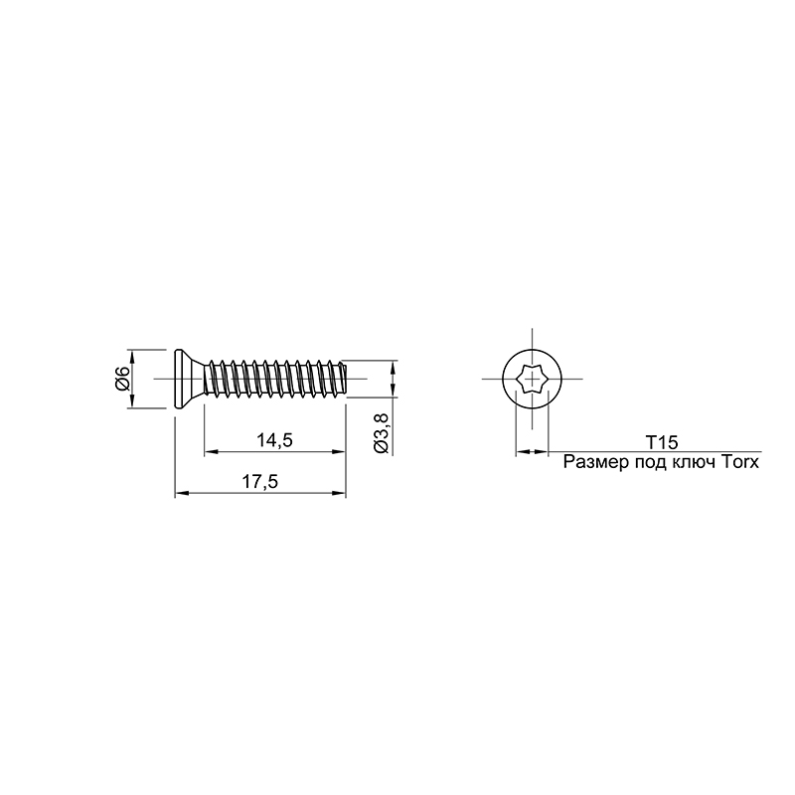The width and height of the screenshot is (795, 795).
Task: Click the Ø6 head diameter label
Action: [x=122, y=379]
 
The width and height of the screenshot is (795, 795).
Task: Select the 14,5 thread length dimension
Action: [x=274, y=440]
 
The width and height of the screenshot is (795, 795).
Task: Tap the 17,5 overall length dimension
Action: [x=259, y=482]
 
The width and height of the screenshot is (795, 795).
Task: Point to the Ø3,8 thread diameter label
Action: [x=381, y=433]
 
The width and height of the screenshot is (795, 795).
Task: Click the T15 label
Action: [x=661, y=442]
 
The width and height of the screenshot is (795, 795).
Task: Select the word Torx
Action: [x=738, y=462]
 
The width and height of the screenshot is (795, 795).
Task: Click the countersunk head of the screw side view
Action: [x=188, y=379]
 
